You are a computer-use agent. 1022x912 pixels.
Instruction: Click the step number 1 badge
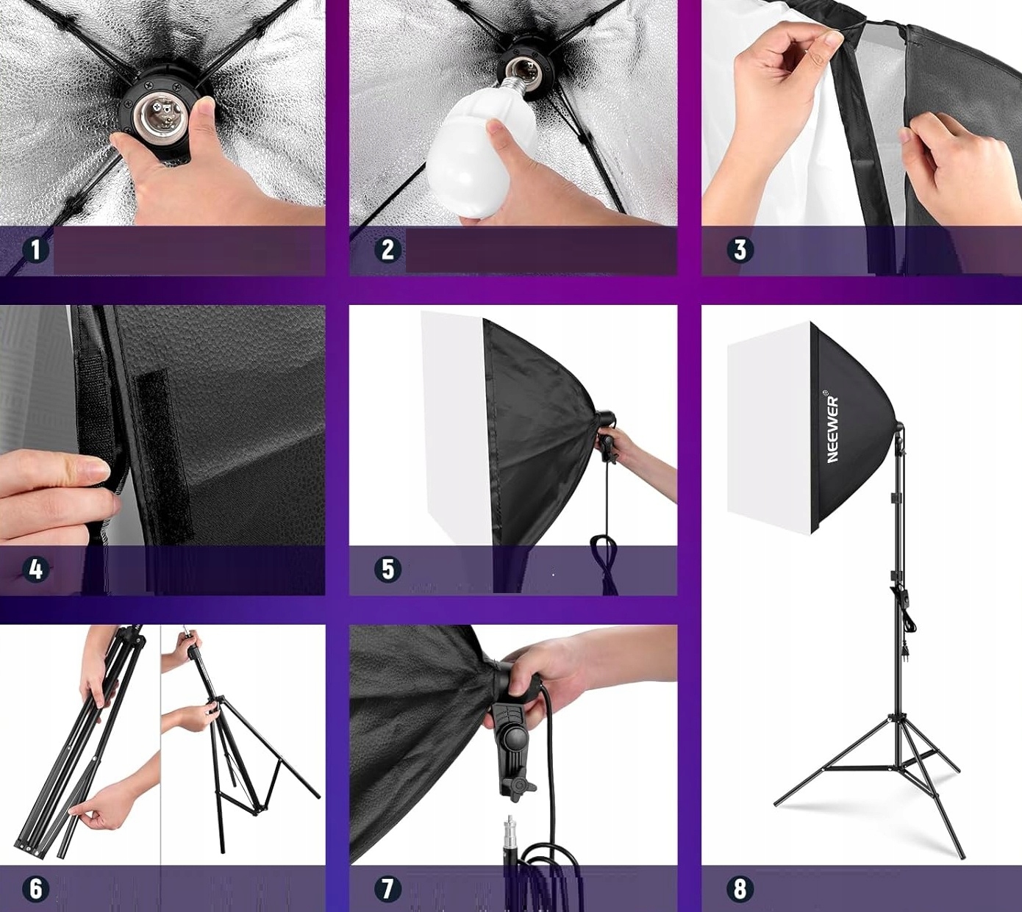35,250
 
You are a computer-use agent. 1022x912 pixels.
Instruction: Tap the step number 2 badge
387,250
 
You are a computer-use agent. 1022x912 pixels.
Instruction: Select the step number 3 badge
740,250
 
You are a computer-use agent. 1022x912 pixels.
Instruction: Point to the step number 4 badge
35,570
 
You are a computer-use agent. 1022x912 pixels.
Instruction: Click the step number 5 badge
387,570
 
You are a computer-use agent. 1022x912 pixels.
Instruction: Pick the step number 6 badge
35,890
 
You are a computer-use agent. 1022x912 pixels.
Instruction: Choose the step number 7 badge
387,890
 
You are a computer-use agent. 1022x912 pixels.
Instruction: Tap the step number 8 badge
740,890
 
